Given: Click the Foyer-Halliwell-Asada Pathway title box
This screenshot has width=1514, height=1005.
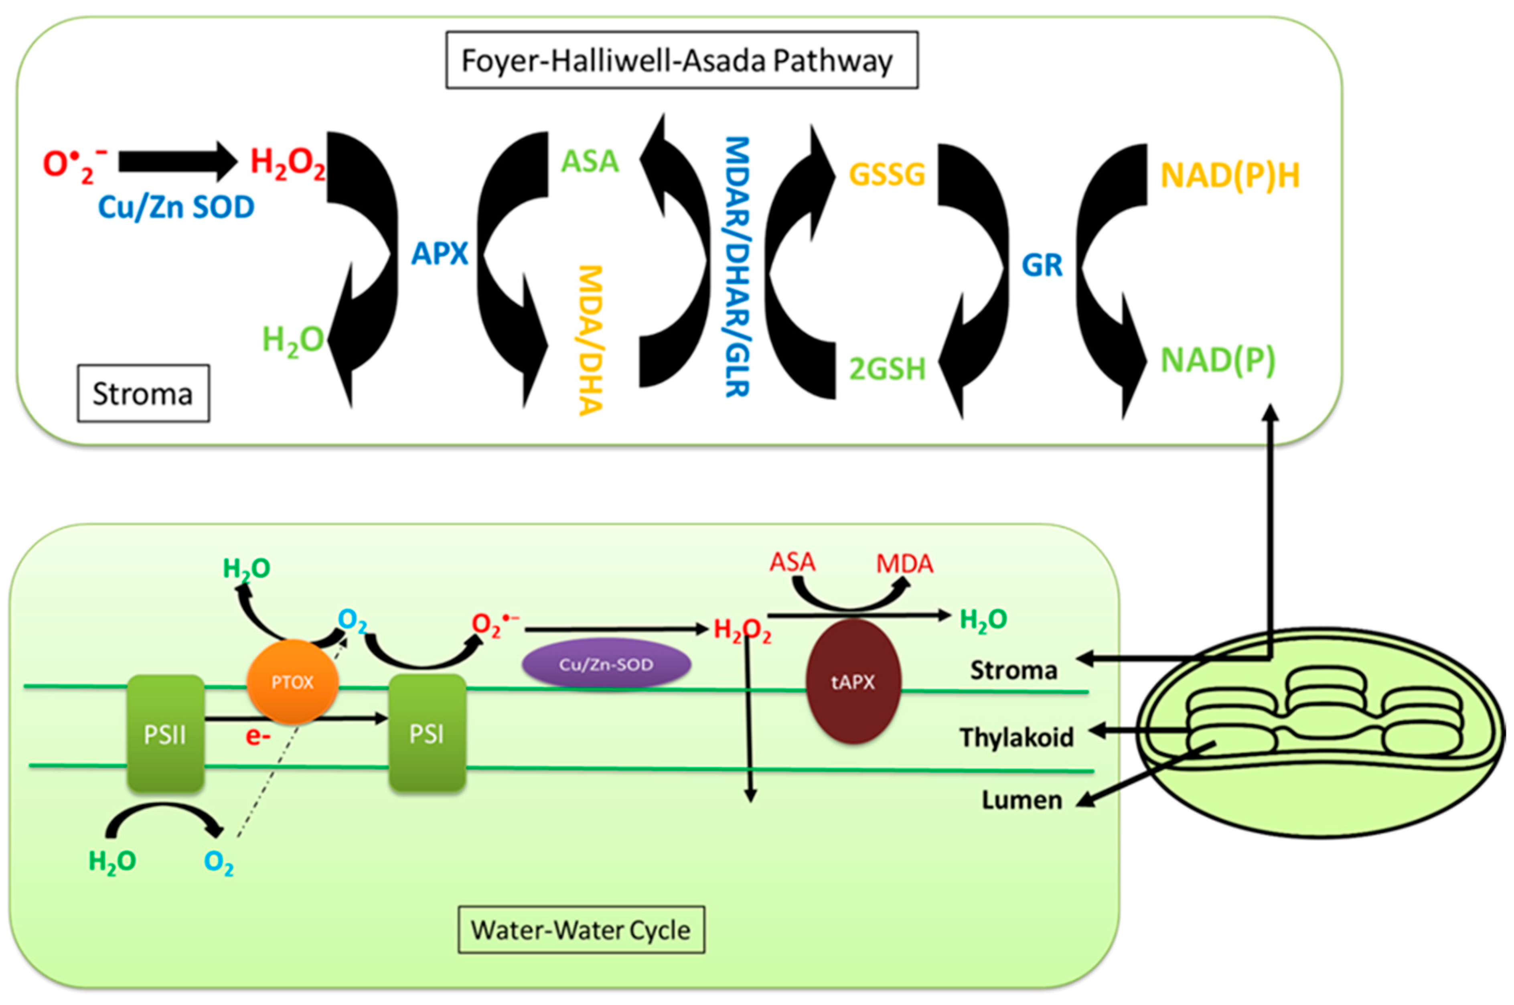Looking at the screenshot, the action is (682, 60).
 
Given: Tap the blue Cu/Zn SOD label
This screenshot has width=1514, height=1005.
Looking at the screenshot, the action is (176, 207).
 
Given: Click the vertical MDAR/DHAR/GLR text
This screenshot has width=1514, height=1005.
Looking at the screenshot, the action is (738, 267).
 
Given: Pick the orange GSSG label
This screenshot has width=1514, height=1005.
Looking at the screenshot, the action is (888, 175).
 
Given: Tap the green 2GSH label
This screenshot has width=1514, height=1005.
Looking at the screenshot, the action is (888, 369).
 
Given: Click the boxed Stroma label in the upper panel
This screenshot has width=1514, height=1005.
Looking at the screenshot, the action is (144, 394).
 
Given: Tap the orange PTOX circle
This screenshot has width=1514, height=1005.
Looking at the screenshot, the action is (293, 682).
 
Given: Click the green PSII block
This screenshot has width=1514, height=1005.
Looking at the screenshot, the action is (165, 734).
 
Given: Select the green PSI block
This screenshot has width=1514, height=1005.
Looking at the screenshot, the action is (428, 734).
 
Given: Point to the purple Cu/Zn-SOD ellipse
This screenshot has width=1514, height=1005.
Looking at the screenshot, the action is (606, 664).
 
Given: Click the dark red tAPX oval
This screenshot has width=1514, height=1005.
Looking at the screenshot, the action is (853, 681).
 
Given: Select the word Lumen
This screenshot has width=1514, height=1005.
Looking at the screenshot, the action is (1022, 800).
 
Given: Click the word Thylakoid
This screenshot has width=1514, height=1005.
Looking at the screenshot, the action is (1017, 737).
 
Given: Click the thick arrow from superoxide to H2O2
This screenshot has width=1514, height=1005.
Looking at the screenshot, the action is (178, 162).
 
